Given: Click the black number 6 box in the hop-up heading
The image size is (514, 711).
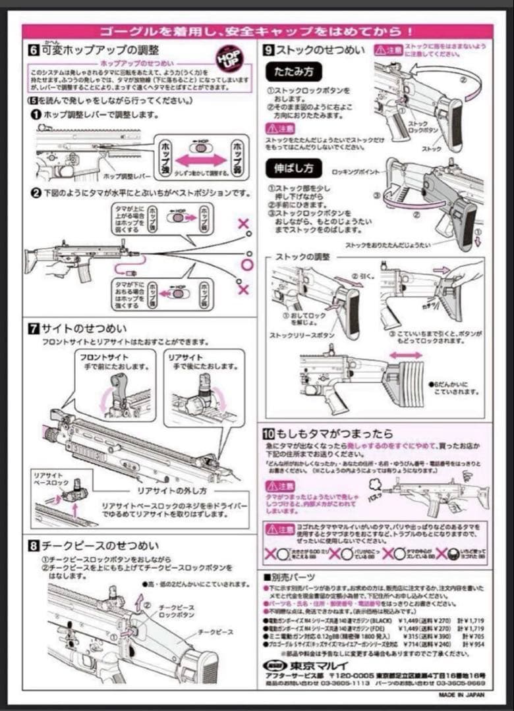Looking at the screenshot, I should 33,50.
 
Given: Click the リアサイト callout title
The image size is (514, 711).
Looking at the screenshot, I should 185,357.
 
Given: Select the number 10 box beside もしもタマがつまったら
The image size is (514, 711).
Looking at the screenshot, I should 268,433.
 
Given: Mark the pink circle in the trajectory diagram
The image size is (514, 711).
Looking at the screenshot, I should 247,265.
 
